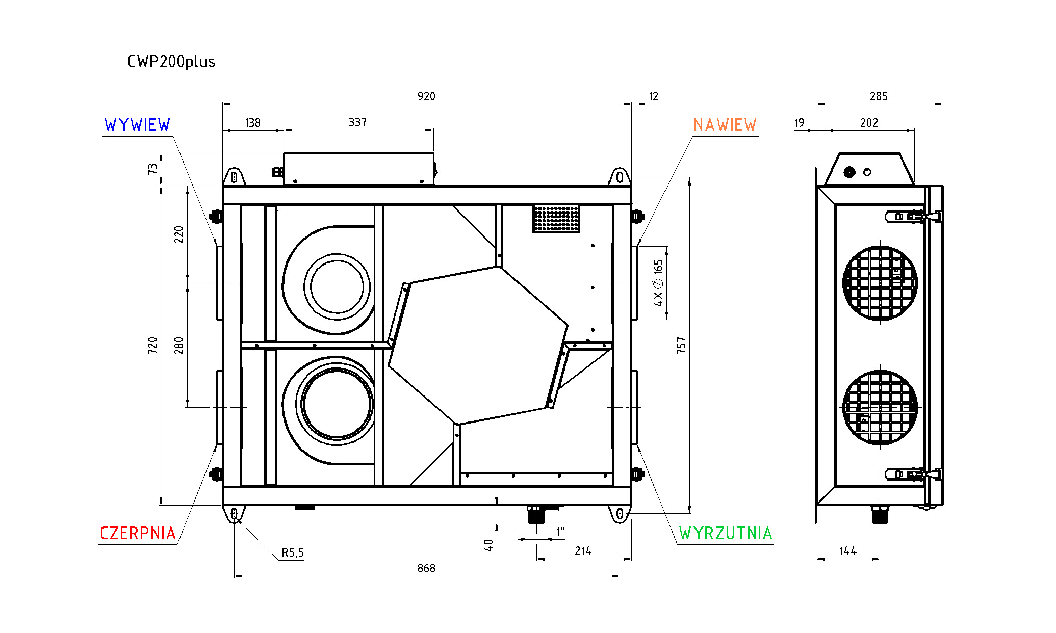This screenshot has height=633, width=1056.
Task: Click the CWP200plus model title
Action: pos(171,62)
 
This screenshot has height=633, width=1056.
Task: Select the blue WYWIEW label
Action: pos(137,125)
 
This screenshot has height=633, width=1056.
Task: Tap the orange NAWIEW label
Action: pos(725,125)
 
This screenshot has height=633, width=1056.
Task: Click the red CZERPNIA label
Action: pos(138,534)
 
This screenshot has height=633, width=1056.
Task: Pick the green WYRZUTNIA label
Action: pos(726,534)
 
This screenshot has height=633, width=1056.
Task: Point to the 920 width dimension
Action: pos(426,96)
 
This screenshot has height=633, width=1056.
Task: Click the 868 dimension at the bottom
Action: pos(426,568)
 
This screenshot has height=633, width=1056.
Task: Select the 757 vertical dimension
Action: pos(681,345)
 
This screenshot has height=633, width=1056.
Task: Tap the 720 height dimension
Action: pos(152,345)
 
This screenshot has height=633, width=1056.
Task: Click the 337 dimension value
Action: pos(357,122)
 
